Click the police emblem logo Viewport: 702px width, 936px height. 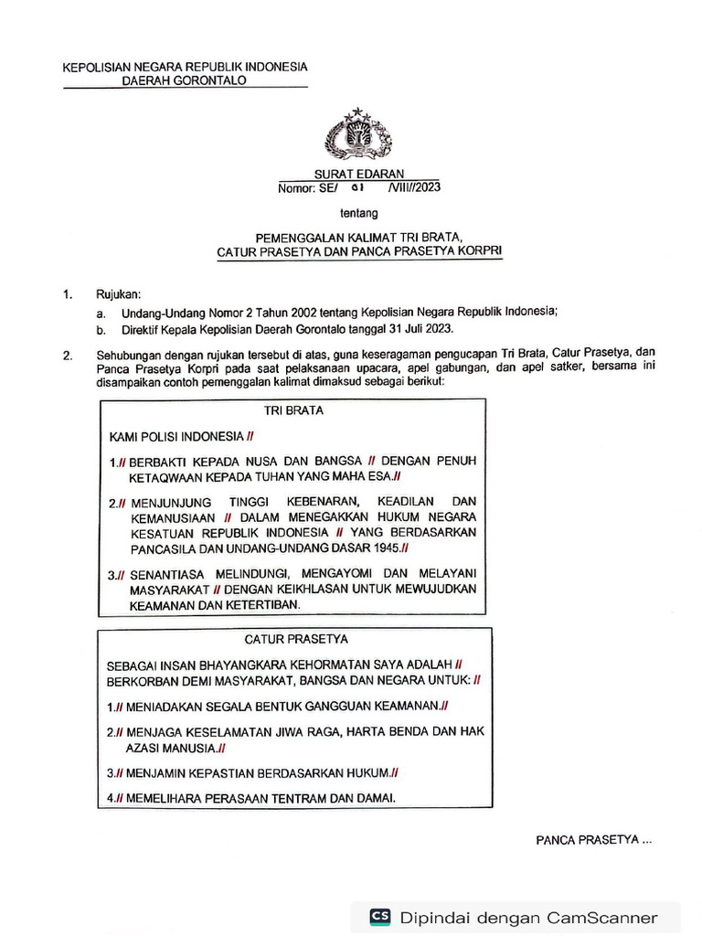click(x=357, y=134)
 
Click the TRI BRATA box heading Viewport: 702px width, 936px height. click(x=293, y=410)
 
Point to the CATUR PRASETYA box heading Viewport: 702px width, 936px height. click(x=295, y=639)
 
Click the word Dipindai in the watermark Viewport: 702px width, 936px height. click(x=434, y=918)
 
